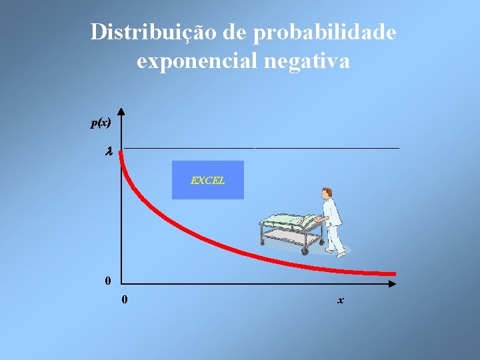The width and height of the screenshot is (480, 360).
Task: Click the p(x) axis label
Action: pyautogui.click(x=101, y=123)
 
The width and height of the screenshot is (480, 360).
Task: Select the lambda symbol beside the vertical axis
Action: pyautogui.click(x=109, y=152)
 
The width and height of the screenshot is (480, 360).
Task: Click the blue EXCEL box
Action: pyautogui.click(x=208, y=180)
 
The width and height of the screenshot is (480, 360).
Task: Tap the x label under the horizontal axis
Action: pyautogui.click(x=341, y=301)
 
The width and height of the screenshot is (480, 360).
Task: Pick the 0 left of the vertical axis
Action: pyautogui.click(x=108, y=281)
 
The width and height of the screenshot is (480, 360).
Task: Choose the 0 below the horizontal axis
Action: pyautogui.click(x=125, y=300)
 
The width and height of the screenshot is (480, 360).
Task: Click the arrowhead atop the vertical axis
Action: pyautogui.click(x=121, y=113)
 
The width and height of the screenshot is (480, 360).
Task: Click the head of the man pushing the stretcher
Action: pyautogui.click(x=327, y=193)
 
